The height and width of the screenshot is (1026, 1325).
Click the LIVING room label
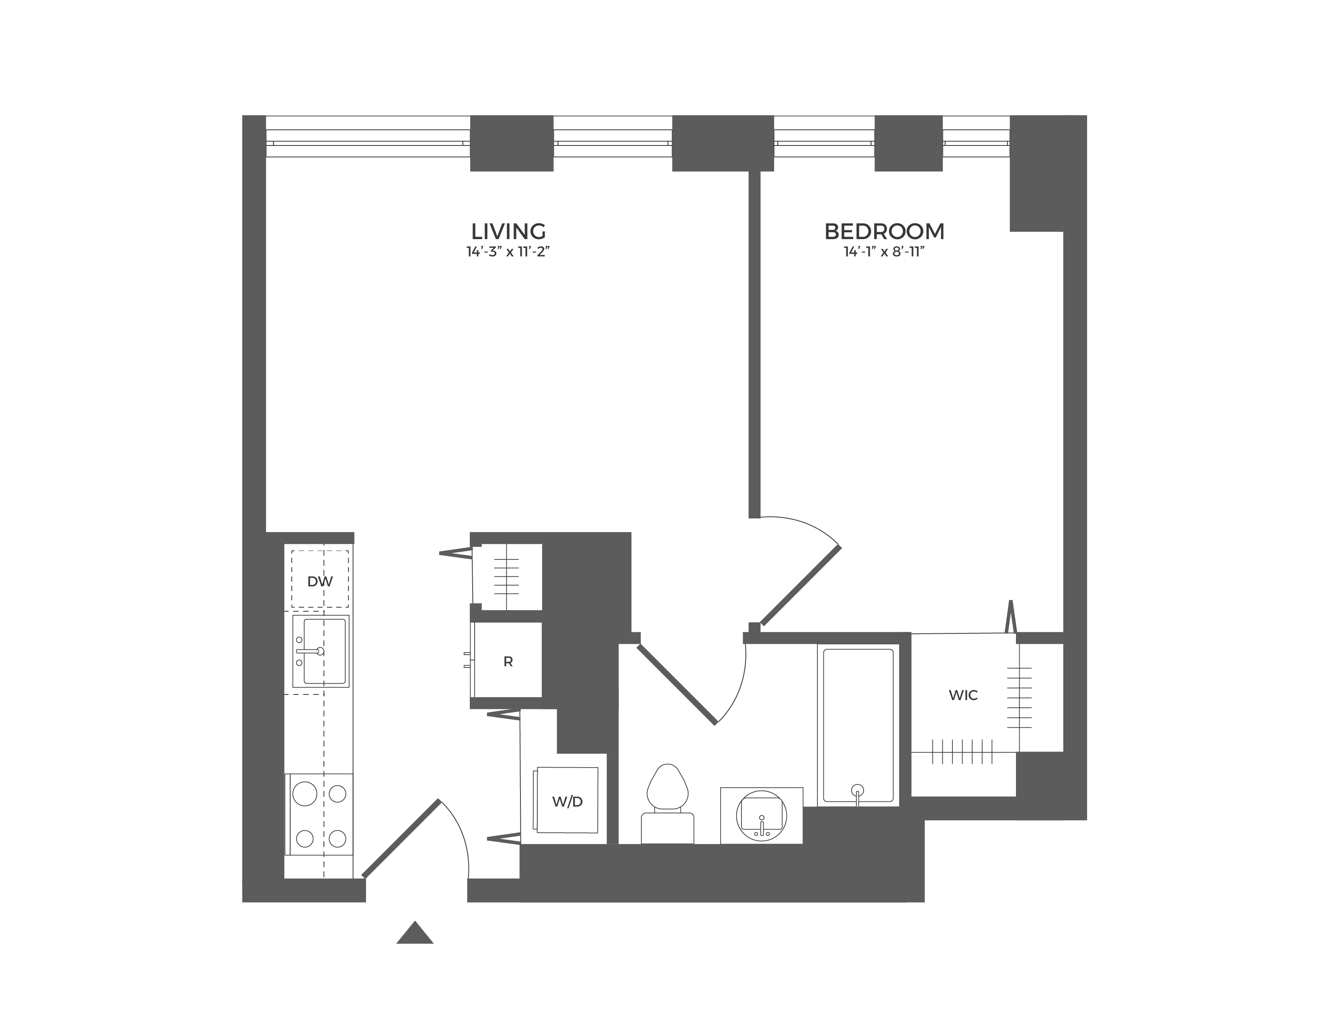(508, 231)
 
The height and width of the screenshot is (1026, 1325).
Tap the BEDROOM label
(884, 231)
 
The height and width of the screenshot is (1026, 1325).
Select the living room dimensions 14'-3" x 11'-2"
(508, 252)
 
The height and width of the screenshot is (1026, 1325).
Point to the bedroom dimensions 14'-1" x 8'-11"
(884, 252)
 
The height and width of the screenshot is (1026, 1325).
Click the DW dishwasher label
(320, 581)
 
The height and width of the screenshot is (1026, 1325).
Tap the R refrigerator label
(508, 662)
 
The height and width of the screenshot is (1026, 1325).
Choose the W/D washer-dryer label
(567, 801)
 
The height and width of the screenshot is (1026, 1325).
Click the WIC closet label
(963, 695)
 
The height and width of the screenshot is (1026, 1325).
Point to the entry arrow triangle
(415, 933)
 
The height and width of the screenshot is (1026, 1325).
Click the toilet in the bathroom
(668, 789)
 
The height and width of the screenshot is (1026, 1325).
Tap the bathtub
(857, 725)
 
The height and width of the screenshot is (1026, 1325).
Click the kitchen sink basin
(325, 651)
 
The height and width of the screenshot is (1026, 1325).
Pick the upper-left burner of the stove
(305, 794)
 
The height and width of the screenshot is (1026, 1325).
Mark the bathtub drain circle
(857, 790)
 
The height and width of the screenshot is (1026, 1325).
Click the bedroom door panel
(801, 586)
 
